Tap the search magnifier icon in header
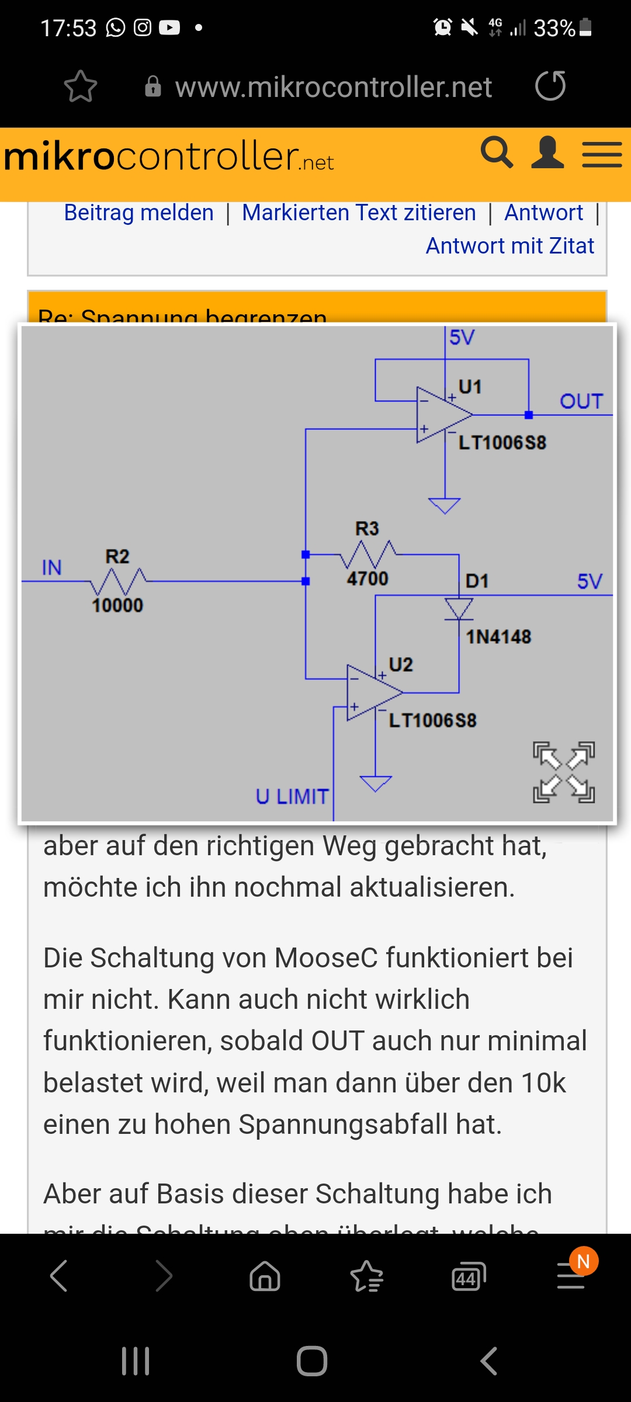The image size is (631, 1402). pyautogui.click(x=497, y=153)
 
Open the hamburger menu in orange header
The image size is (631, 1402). pyautogui.click(x=602, y=155)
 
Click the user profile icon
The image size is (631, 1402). pyautogui.click(x=547, y=153)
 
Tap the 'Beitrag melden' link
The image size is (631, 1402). pyautogui.click(x=139, y=213)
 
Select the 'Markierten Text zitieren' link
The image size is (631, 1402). pyautogui.click(x=359, y=213)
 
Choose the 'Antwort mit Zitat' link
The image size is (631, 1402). pyautogui.click(x=509, y=246)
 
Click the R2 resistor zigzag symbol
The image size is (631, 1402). pyautogui.click(x=119, y=581)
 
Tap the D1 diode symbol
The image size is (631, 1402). pyautogui.click(x=459, y=608)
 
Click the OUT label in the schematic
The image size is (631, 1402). pyautogui.click(x=581, y=401)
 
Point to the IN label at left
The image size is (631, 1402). pyautogui.click(x=51, y=567)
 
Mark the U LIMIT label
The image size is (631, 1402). pyautogui.click(x=292, y=797)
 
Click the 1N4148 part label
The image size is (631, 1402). pyautogui.click(x=498, y=637)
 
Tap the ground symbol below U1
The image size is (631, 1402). pyautogui.click(x=445, y=505)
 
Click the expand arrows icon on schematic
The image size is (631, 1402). pyautogui.click(x=564, y=772)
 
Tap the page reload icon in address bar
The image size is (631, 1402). pyautogui.click(x=550, y=86)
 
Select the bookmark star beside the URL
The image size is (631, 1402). pyautogui.click(x=81, y=86)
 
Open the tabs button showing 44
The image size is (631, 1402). pyautogui.click(x=469, y=1276)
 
